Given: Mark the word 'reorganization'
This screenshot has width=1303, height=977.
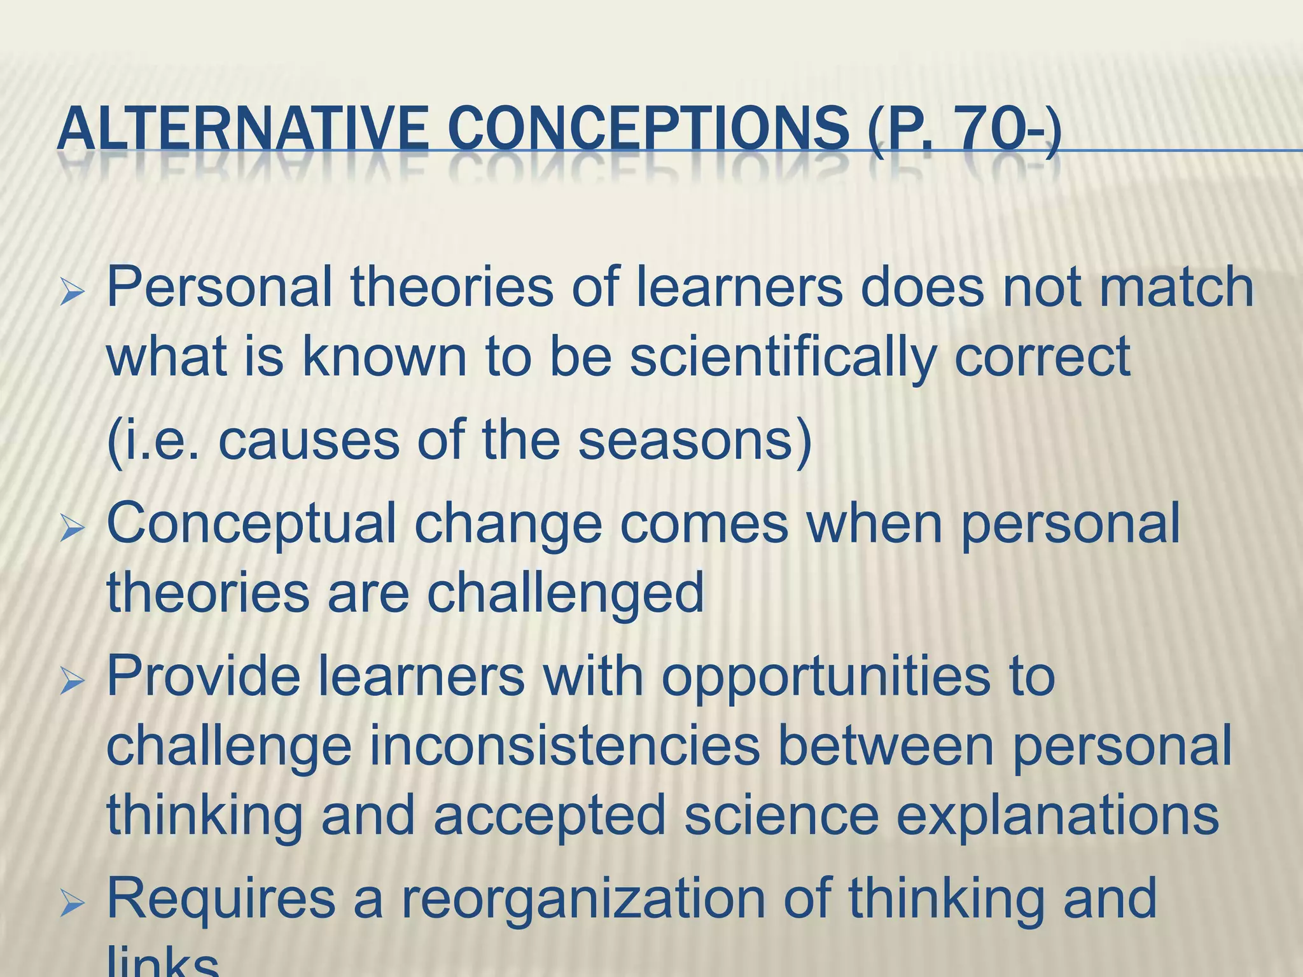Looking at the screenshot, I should coord(583,898).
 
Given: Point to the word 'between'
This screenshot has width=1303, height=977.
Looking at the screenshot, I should coord(885,745).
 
